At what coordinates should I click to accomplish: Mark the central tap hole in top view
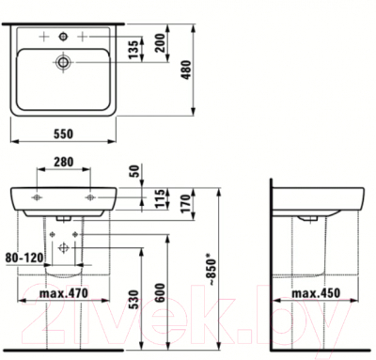63,36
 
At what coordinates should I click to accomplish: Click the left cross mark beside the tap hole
42,36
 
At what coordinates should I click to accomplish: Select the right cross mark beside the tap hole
84,36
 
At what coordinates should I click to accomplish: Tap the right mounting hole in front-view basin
90,198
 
